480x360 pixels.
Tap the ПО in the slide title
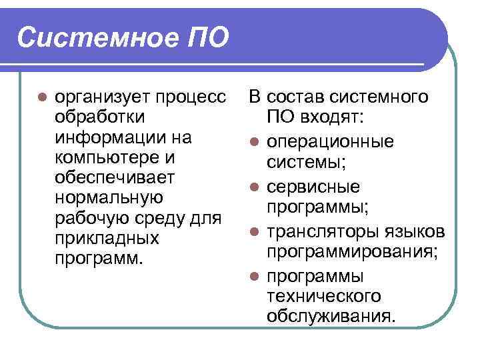coord(203,37)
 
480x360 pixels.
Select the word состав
coord(302,97)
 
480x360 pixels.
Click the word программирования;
coord(353,251)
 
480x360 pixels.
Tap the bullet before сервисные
coord(254,187)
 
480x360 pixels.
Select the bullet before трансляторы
coord(254,232)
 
